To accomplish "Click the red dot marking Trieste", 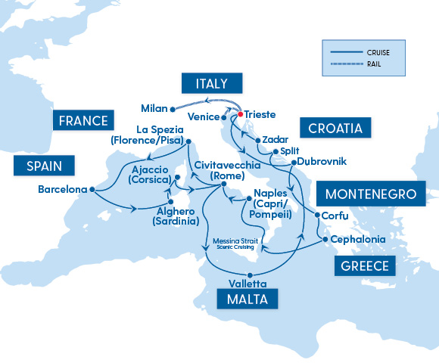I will tap(241, 114).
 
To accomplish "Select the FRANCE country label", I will tap(81, 120).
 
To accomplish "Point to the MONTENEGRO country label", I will tap(371, 194).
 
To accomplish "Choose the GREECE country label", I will tap(363, 265).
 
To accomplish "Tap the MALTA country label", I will tap(247, 299).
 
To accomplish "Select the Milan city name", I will tap(154, 107).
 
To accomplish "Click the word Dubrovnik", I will tap(323, 162).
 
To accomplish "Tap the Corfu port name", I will tap(335, 216).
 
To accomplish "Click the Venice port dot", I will tap(225, 117).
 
